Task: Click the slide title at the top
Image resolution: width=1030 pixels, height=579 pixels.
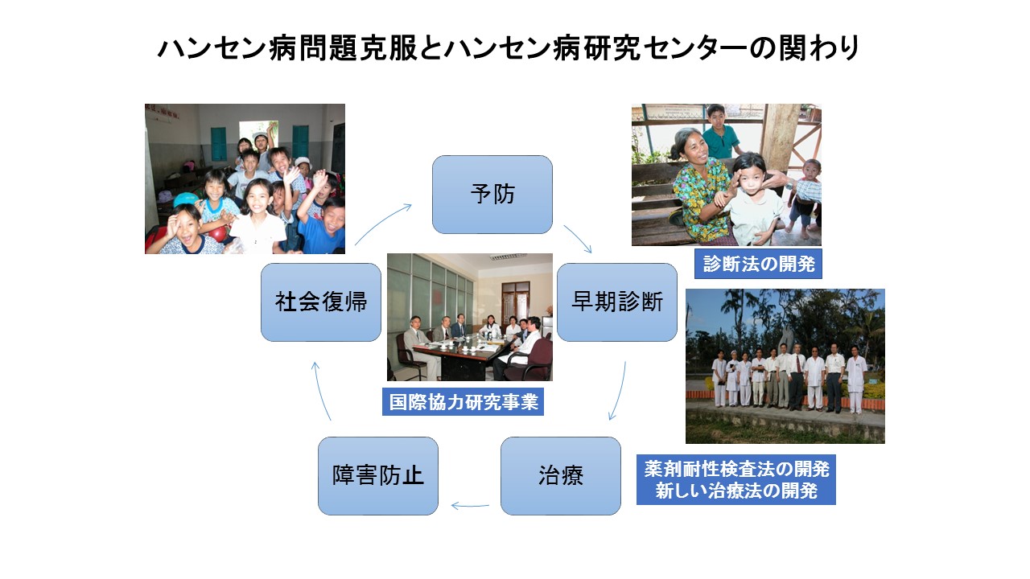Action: click(x=509, y=48)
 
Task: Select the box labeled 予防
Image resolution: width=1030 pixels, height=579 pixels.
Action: click(x=492, y=195)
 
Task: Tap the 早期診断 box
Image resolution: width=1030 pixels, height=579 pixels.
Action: click(x=617, y=302)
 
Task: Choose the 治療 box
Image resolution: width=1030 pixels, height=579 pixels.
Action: click(x=561, y=476)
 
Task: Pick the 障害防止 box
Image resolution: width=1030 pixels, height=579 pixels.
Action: click(x=378, y=476)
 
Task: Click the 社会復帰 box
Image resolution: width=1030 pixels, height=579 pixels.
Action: click(x=321, y=302)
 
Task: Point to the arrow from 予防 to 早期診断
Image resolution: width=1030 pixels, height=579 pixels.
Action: click(x=577, y=239)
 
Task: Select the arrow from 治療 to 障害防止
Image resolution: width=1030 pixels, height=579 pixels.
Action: click(x=470, y=506)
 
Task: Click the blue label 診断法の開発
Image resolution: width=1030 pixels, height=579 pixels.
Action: click(x=758, y=264)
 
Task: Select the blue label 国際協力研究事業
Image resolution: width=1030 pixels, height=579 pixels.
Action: click(x=463, y=402)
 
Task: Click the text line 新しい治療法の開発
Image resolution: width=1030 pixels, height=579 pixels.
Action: click(x=735, y=491)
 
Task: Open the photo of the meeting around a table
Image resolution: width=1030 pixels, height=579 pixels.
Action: click(x=469, y=317)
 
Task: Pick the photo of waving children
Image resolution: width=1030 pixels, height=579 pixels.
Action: click(x=245, y=179)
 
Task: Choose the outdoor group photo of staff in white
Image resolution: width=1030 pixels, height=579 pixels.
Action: click(x=785, y=366)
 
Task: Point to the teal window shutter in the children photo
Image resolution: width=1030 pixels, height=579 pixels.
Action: click(x=218, y=143)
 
